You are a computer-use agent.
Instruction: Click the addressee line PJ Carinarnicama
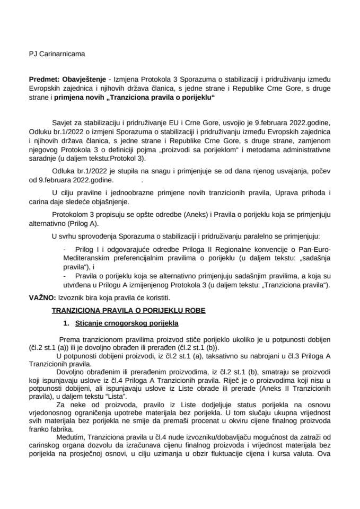pyautogui.click(x=56, y=54)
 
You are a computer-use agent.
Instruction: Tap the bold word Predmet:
pyautogui.click(x=43, y=77)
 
